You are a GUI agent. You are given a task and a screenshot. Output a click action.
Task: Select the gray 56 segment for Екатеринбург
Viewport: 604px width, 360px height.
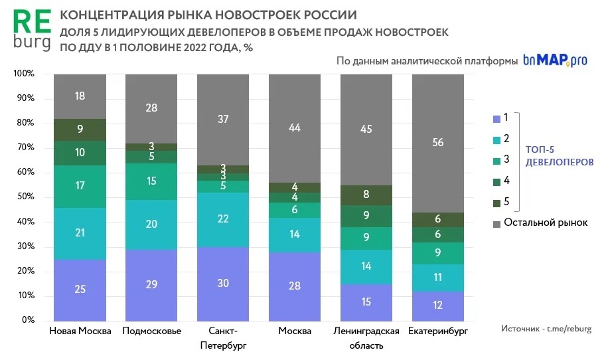438,143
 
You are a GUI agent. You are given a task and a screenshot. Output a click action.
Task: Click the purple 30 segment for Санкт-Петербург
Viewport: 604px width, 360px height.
223,284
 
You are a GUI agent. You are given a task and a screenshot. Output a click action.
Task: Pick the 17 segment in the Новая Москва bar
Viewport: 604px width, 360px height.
80,186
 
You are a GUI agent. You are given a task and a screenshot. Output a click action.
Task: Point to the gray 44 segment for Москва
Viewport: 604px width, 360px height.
295,128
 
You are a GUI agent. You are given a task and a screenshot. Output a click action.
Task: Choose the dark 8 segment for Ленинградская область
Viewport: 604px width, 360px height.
366,195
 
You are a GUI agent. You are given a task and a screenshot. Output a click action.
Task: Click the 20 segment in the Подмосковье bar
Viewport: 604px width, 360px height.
151,225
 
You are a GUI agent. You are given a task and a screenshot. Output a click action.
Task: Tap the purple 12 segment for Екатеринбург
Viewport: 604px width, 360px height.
438,306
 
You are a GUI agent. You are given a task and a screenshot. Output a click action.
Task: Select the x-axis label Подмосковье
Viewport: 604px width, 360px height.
152,331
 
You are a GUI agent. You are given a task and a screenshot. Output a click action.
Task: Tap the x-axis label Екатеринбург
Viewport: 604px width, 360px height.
439,331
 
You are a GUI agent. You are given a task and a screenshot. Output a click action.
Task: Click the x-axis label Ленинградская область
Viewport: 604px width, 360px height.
366,338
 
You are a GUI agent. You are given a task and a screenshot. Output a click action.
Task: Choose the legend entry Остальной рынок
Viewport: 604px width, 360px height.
546,223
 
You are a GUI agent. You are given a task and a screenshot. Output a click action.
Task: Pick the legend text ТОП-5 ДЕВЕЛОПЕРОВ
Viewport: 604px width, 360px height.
555,155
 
